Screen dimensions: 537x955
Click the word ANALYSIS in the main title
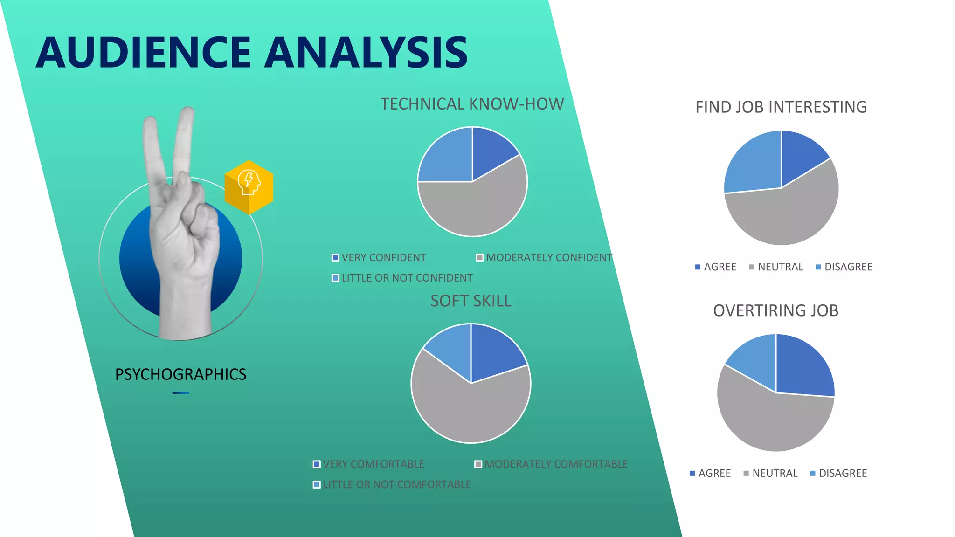pos(367,52)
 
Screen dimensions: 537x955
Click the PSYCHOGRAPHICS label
pos(180,374)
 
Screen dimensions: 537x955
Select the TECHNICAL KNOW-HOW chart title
pos(472,104)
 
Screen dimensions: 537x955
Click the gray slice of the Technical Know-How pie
pos(480,207)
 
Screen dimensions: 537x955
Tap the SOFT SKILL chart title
pos(471,301)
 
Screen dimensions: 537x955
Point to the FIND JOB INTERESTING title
pos(781,107)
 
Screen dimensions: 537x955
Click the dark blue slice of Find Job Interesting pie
pos(800,154)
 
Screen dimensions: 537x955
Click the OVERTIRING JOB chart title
pos(775,310)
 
